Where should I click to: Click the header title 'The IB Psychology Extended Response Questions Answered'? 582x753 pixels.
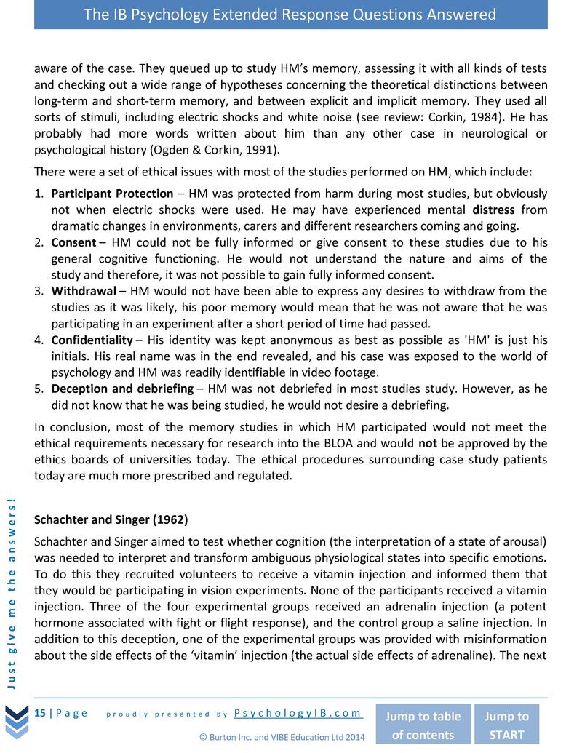(290, 15)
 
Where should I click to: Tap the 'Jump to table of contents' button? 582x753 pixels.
(422, 725)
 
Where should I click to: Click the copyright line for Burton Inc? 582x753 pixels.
(282, 737)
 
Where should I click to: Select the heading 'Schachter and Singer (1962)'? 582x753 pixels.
(111, 520)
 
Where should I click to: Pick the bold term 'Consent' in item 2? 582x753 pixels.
(73, 242)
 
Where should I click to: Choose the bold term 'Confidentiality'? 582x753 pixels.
(92, 340)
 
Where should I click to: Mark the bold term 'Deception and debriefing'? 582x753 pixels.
(122, 389)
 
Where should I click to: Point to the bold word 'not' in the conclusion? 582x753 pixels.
(428, 443)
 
